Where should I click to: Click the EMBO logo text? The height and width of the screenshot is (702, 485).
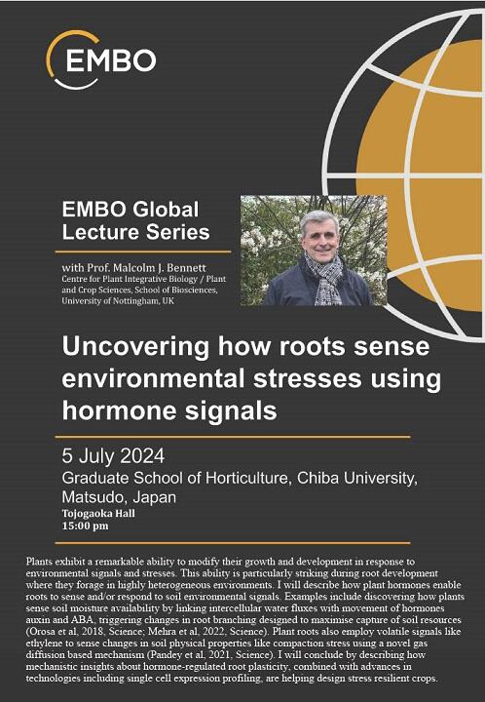coord(111,60)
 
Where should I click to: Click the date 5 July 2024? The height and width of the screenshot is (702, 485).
coord(113,456)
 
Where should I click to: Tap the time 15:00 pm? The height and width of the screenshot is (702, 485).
coord(85,526)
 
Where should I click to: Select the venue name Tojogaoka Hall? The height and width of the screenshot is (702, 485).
coord(98,514)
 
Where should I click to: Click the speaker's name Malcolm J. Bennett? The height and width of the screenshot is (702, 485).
coord(160,268)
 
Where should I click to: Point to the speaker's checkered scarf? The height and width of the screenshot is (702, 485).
coord(325,279)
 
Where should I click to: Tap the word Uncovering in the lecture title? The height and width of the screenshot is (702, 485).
coord(135,347)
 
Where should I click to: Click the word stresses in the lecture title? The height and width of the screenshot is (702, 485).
coord(307,378)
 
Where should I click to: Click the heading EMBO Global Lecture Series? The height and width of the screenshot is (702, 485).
coord(136,220)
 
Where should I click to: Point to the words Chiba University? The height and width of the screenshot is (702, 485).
coord(356,478)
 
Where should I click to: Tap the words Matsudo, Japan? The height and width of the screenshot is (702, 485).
coord(119,497)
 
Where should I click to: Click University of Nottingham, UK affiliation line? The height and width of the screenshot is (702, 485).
coord(118,300)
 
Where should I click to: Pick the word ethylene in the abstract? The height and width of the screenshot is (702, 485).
coord(43,643)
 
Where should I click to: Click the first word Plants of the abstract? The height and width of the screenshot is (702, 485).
coord(38,562)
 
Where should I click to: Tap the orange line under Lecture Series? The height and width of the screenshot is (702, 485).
coord(143,253)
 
